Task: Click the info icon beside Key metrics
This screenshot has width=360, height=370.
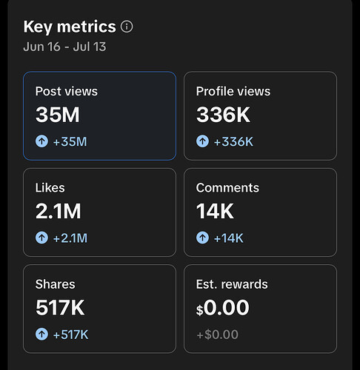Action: click(x=127, y=27)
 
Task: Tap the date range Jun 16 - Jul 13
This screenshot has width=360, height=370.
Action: click(x=64, y=47)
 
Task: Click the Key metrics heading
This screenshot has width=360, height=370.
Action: click(x=70, y=27)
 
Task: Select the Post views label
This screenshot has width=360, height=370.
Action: click(x=67, y=91)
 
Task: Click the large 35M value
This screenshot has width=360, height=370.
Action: click(x=58, y=115)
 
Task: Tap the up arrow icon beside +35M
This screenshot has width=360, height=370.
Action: click(x=41, y=141)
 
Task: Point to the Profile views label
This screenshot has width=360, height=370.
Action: click(x=233, y=91)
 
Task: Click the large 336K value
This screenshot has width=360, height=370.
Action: click(x=223, y=115)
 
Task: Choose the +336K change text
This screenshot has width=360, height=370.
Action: click(x=233, y=141)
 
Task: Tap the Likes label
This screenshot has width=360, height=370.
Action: click(x=50, y=188)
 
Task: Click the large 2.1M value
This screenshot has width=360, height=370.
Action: click(x=59, y=211)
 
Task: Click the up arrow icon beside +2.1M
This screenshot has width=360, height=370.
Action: click(x=41, y=238)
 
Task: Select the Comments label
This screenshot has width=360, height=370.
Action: click(x=227, y=188)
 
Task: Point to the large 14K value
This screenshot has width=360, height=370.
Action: click(x=215, y=211)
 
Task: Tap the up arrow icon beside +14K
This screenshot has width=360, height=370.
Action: click(x=202, y=238)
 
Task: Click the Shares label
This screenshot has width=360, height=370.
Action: click(x=56, y=284)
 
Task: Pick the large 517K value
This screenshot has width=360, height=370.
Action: click(x=60, y=308)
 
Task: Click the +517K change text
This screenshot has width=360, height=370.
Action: click(x=70, y=334)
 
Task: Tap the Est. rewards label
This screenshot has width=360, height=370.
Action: click(x=232, y=284)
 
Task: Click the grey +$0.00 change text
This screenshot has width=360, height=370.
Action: click(x=218, y=334)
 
